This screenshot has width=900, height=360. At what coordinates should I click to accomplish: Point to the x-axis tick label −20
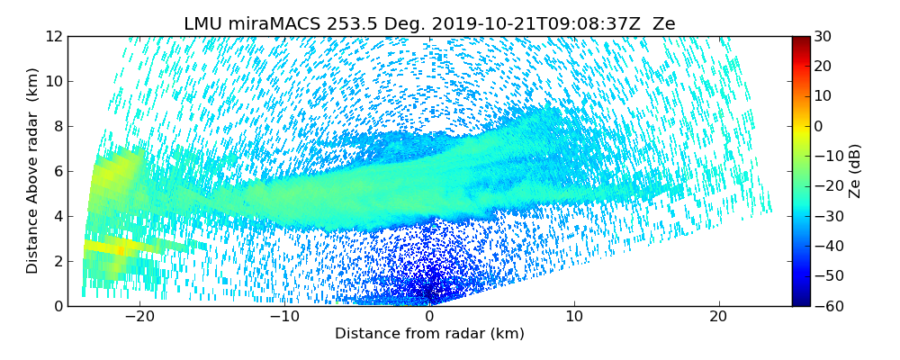139,318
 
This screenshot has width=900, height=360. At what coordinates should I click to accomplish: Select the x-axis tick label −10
283,318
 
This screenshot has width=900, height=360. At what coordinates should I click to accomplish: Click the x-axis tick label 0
429,318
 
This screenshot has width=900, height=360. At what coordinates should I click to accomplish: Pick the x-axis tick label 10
574,318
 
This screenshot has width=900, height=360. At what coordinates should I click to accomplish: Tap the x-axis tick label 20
719,318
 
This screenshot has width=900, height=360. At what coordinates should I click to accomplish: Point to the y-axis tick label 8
57,126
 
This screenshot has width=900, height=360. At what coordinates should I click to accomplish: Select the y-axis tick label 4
57,216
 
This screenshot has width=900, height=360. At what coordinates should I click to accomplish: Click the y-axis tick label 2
57,261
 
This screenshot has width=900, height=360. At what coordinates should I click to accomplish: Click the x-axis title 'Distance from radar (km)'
429,334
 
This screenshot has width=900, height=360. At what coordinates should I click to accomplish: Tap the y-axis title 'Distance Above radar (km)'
32,171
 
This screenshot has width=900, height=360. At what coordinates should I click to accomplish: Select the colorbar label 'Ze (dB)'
855,171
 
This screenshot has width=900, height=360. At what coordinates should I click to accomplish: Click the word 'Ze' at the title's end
663,24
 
